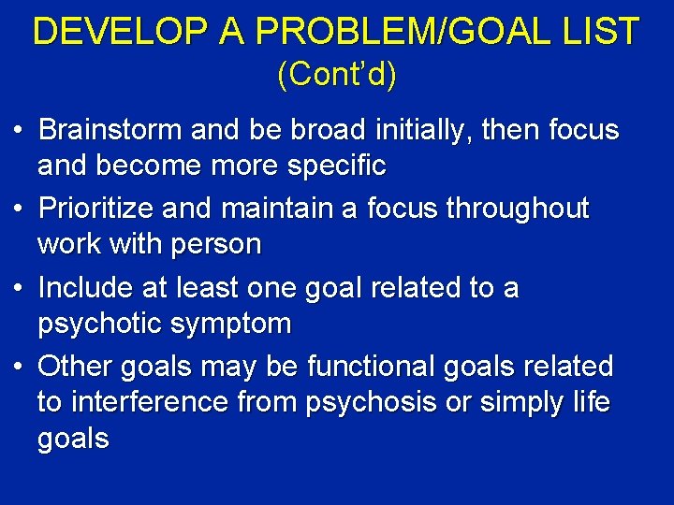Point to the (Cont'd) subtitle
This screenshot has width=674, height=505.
pos(337,76)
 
